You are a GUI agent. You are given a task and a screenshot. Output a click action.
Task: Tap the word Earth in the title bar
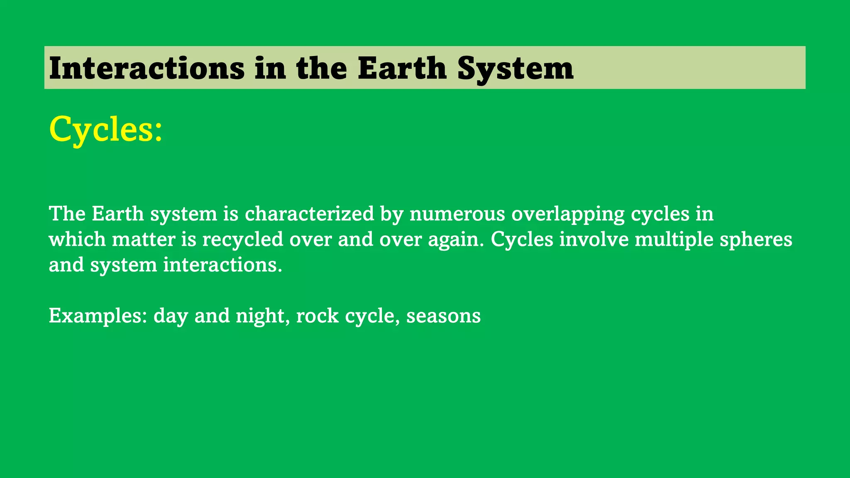coord(402,68)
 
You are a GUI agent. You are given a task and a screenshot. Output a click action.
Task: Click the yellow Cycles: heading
coord(106,129)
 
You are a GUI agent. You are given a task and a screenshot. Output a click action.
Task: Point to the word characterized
coord(309,214)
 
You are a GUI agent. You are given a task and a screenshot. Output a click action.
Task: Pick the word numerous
coord(457,214)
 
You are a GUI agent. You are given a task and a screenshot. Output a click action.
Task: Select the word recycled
coord(243,240)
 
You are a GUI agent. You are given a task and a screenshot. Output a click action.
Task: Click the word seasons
coord(443,317)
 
